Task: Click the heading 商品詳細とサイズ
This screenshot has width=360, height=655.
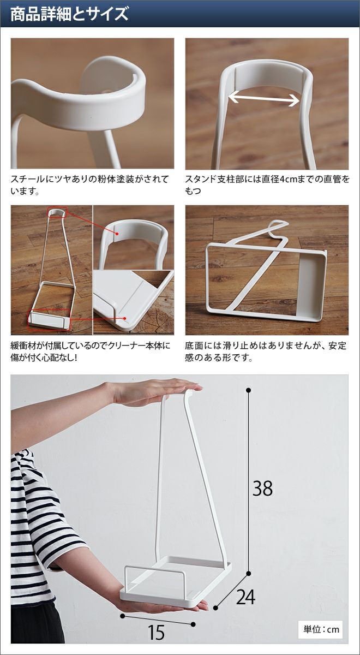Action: click(x=70, y=14)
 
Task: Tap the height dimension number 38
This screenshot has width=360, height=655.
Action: click(x=262, y=488)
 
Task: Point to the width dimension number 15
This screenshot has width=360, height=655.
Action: click(x=157, y=632)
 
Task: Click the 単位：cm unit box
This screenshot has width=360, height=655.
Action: click(x=321, y=629)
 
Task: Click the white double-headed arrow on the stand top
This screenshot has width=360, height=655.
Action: click(x=263, y=99)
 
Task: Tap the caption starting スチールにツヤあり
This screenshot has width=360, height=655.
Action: click(x=89, y=185)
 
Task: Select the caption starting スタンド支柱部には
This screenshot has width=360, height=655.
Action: click(x=267, y=185)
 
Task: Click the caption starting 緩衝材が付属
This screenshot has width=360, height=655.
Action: click(x=90, y=351)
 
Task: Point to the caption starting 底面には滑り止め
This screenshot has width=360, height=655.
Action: click(x=265, y=351)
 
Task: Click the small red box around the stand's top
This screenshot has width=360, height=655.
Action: click(x=57, y=212)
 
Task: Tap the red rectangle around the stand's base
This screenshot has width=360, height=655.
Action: click(x=50, y=320)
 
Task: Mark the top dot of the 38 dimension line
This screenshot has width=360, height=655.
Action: click(x=249, y=390)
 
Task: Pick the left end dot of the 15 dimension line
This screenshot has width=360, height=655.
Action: click(x=123, y=615)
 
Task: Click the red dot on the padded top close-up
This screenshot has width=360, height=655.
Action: click(x=117, y=234)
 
